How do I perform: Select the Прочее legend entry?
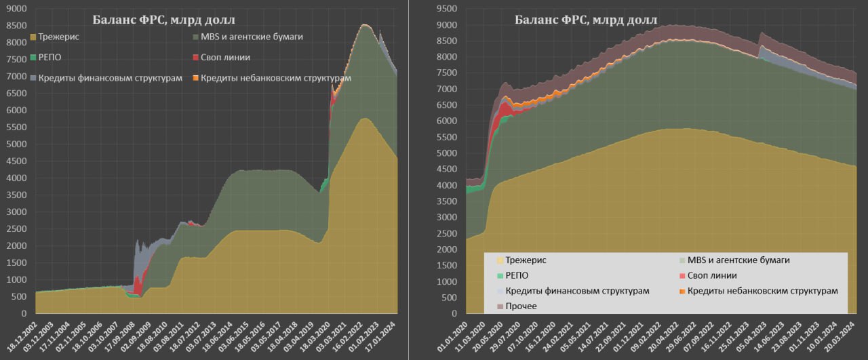click(x=521, y=306)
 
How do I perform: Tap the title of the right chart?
click(x=586, y=19)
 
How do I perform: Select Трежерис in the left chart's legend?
click(x=60, y=37)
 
